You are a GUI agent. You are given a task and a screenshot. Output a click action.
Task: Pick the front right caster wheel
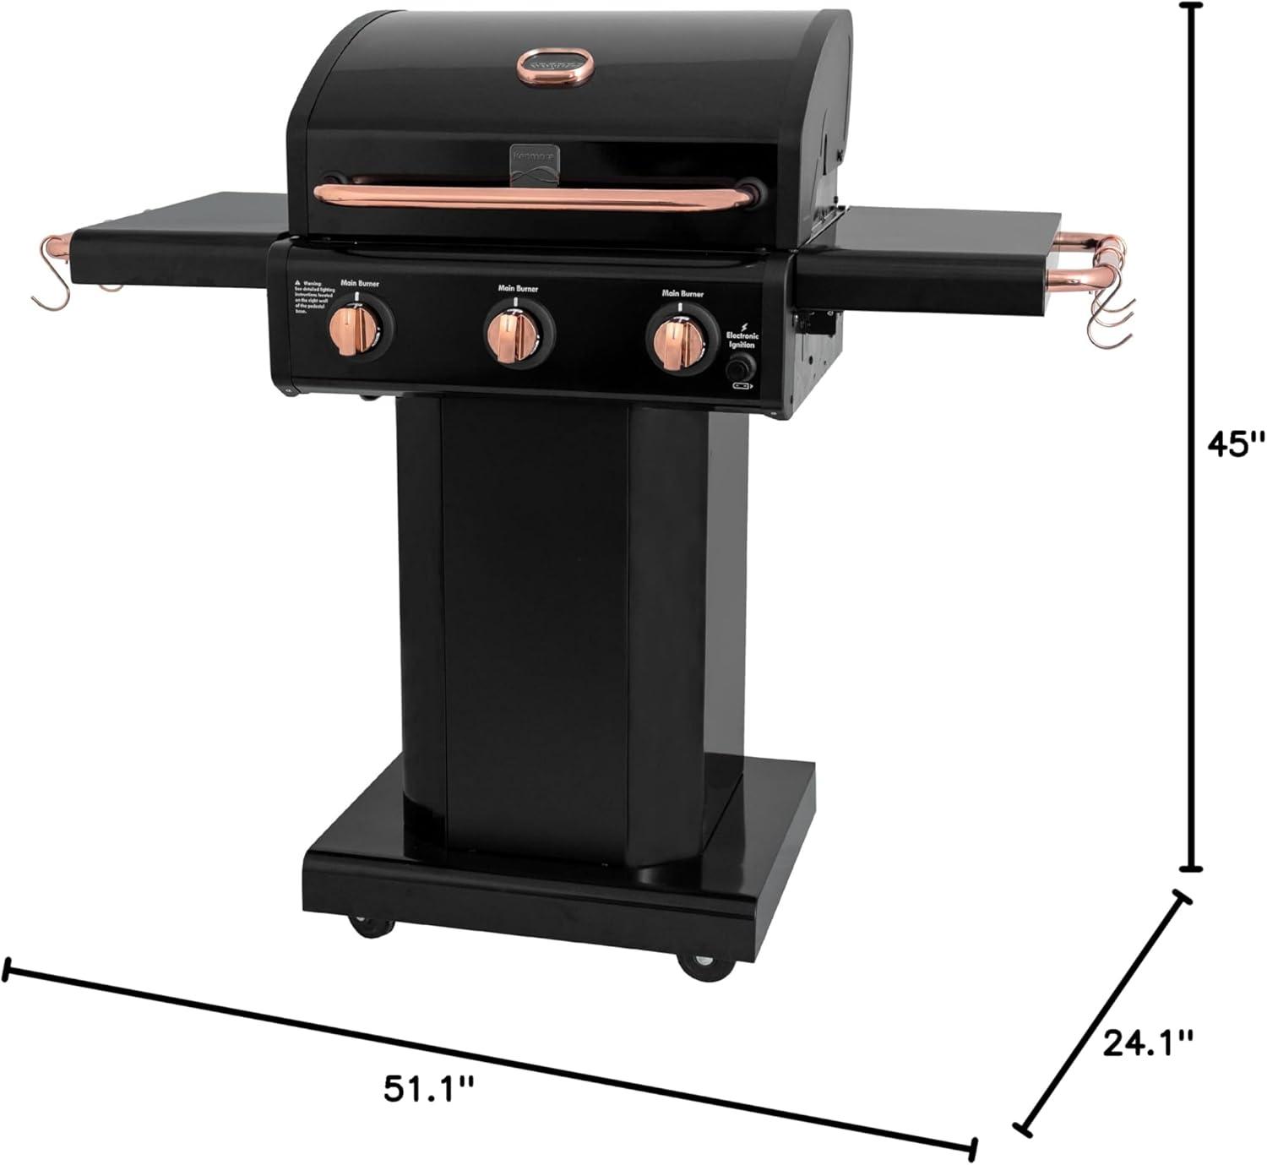(703, 964)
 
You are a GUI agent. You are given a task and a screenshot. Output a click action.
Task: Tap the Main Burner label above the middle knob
(517, 289)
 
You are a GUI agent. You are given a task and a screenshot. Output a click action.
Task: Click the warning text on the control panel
(311, 297)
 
